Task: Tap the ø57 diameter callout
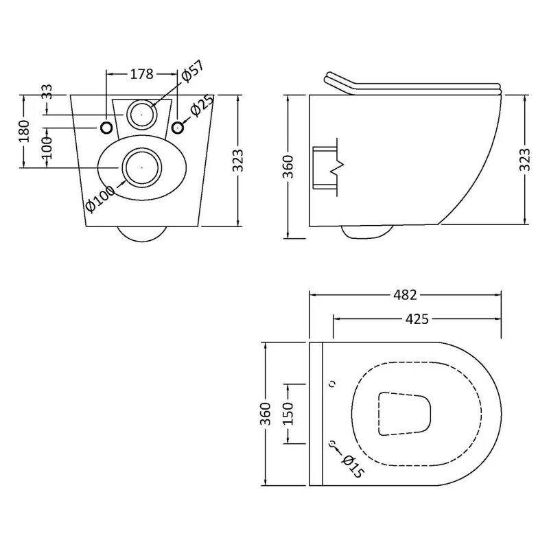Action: point(193,72)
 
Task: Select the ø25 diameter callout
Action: point(202,106)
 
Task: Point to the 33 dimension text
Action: point(47,92)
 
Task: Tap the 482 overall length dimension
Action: point(405,295)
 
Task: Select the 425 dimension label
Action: point(417,318)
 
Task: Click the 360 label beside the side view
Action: point(288,165)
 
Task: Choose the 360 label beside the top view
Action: point(266,414)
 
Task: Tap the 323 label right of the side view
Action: point(525,159)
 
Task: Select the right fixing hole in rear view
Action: point(178,127)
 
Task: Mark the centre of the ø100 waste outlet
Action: point(141,166)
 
